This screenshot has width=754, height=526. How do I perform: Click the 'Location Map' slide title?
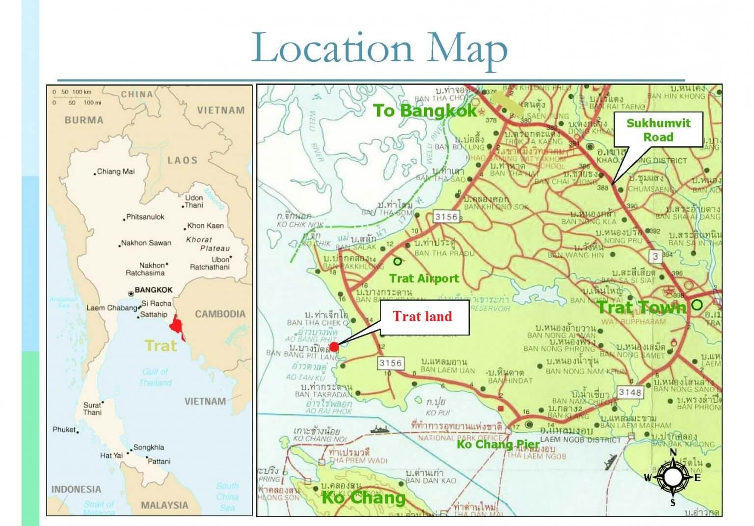[x=379, y=49]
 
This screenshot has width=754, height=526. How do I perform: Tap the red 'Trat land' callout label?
[x=422, y=317]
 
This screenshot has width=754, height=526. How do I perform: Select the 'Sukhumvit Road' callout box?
[x=658, y=130]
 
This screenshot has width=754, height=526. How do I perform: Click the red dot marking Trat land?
[x=334, y=347]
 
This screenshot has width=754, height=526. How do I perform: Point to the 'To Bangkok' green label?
[x=425, y=111]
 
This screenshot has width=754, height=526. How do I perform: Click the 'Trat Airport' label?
[x=424, y=278]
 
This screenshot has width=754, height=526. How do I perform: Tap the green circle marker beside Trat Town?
[x=697, y=305]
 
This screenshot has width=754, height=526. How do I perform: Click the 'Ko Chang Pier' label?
[x=498, y=445]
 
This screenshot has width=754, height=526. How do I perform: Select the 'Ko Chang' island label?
[x=363, y=498]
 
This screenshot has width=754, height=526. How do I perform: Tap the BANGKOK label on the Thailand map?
[x=153, y=290]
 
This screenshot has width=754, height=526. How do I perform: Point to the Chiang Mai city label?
[x=116, y=171]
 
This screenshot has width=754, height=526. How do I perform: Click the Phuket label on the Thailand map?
[x=64, y=430]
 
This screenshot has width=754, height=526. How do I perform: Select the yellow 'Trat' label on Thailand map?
[x=161, y=346]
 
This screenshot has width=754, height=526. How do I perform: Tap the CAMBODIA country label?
[x=220, y=314]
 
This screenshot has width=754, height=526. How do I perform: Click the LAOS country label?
[x=182, y=160]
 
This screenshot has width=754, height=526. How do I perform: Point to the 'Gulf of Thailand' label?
[x=155, y=377]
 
